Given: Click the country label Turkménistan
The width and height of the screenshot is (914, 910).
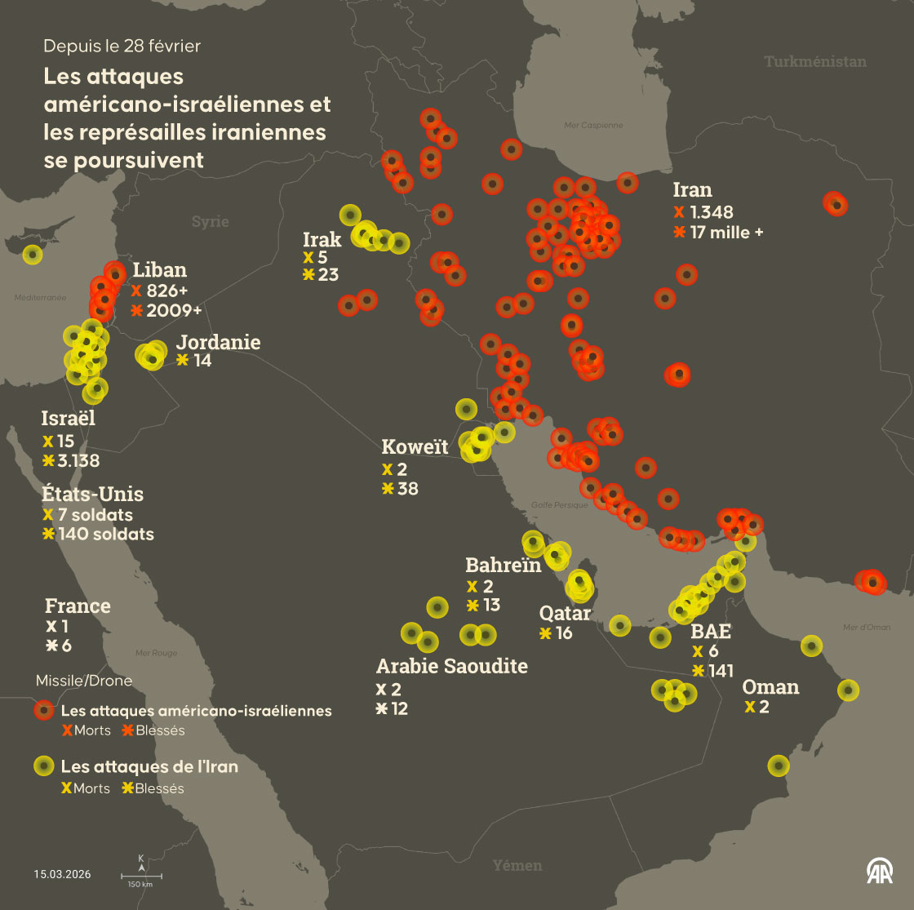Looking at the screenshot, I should coord(815,61).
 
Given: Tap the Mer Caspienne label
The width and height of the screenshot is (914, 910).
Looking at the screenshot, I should coord(593,126).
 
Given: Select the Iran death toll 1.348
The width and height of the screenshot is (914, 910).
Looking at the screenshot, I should coord(711,213).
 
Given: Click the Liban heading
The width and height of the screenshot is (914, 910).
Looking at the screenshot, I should coord(160,270).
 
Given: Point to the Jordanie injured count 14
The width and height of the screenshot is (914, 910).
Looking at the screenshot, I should coord(202,360).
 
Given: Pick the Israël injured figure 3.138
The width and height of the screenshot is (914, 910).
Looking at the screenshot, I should coord(78,461).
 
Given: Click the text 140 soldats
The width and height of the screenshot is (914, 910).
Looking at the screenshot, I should coord(106,535).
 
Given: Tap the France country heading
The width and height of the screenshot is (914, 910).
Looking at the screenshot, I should coord(78,606).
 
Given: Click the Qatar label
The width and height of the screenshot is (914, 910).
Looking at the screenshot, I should coord(565,613).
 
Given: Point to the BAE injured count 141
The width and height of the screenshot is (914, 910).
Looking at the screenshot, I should coord(721,671).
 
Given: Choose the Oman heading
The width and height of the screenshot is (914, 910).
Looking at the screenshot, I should coord(770,686).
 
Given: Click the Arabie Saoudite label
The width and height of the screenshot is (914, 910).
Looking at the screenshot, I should coord(451,666).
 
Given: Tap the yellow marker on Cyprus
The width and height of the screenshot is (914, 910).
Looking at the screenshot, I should coord(32,255).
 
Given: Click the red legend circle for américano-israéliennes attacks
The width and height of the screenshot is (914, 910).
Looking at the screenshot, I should coord(45,711).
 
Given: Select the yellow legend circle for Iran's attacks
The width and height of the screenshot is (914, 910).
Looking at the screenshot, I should coord(45,767).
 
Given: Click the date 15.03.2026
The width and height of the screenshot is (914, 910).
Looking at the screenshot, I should coord(63,874).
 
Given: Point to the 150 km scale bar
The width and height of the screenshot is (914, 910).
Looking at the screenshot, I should coord(140,876).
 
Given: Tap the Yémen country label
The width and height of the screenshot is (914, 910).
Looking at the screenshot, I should coord(517,865).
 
